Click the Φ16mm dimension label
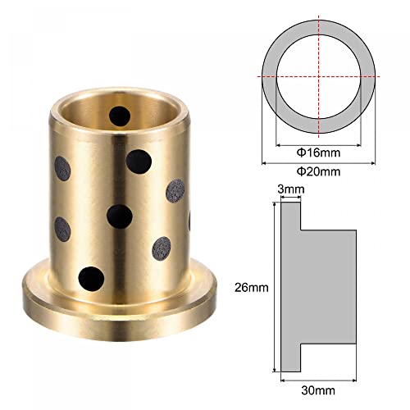click(x=318, y=153)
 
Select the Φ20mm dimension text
click(x=318, y=171)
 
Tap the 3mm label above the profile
click(x=291, y=189)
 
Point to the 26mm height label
click(x=252, y=288)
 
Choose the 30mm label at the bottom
click(x=318, y=390)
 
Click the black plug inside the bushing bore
click(x=120, y=116)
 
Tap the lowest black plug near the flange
click(x=91, y=279)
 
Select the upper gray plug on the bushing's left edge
click(x=62, y=169)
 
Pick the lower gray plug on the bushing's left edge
click(x=62, y=230)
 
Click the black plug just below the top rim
click(x=139, y=162)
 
